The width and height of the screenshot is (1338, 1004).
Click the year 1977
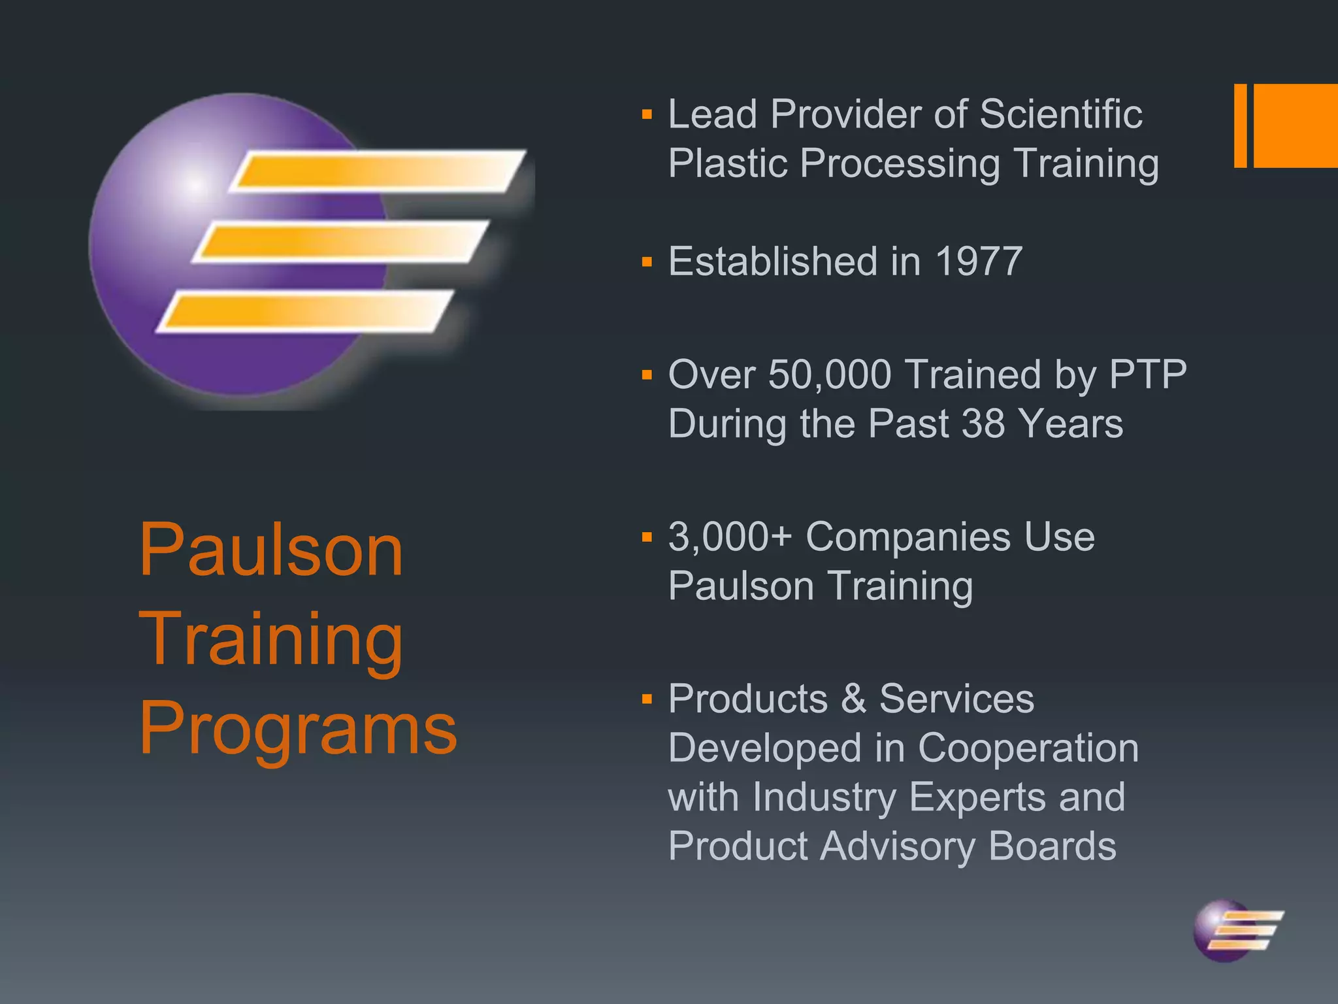[x=978, y=261]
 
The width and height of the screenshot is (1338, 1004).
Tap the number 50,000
[x=830, y=375]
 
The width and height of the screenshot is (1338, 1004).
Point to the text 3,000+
[x=730, y=537]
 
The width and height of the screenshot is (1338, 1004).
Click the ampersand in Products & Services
[x=853, y=699]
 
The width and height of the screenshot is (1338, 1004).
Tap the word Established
[x=774, y=261]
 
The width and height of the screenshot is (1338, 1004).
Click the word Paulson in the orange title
[x=271, y=550]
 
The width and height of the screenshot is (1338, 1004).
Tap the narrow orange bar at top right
[x=1240, y=125]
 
